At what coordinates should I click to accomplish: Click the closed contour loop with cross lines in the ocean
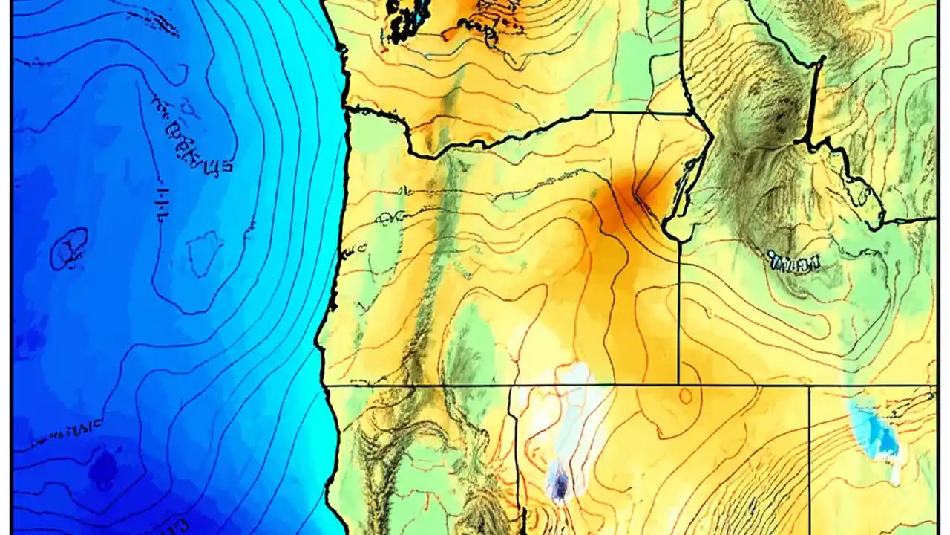point(69,248)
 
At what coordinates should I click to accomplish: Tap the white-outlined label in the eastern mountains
point(794,262)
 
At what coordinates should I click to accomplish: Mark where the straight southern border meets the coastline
point(324,385)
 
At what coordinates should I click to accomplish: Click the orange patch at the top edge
point(475,9)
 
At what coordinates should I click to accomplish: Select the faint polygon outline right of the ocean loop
point(204,253)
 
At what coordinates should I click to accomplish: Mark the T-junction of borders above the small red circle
point(678,385)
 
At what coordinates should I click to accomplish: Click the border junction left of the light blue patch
point(809,386)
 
